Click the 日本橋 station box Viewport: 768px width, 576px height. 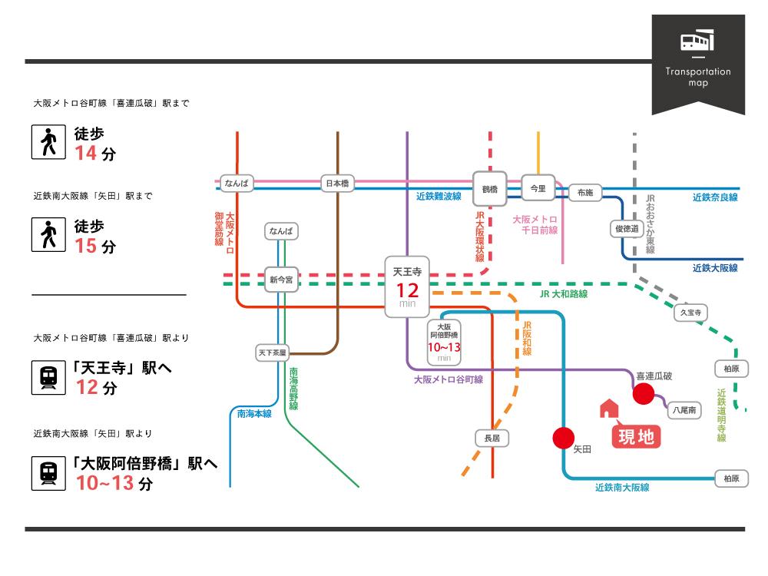pyautogui.click(x=337, y=184)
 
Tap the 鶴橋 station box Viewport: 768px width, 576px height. pyautogui.click(x=489, y=189)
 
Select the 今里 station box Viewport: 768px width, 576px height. pyautogui.click(x=538, y=188)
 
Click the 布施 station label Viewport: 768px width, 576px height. pyautogui.click(x=584, y=193)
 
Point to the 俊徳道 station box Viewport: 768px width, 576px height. pyautogui.click(x=627, y=229)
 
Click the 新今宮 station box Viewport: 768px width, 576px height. pyautogui.click(x=281, y=280)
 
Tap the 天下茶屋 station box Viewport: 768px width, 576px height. pyautogui.click(x=273, y=353)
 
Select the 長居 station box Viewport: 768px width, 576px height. pyautogui.click(x=492, y=438)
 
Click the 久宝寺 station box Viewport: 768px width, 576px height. pyautogui.click(x=690, y=313)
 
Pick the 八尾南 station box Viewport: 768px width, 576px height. pyautogui.click(x=684, y=410)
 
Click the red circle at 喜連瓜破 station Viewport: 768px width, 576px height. pyautogui.click(x=643, y=394)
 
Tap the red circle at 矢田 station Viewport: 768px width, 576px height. pyautogui.click(x=563, y=438)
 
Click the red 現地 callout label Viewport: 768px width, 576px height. pyautogui.click(x=636, y=436)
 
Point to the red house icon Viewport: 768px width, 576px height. pyautogui.click(x=609, y=409)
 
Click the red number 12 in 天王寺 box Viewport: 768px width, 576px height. pyautogui.click(x=408, y=290)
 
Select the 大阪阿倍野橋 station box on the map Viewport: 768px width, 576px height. pyautogui.click(x=444, y=343)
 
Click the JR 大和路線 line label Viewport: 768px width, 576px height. pyautogui.click(x=563, y=294)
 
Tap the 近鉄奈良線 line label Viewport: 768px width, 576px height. pyautogui.click(x=714, y=197)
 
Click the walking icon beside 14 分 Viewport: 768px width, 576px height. pyautogui.click(x=48, y=142)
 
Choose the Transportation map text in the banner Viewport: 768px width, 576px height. pyautogui.click(x=698, y=77)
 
